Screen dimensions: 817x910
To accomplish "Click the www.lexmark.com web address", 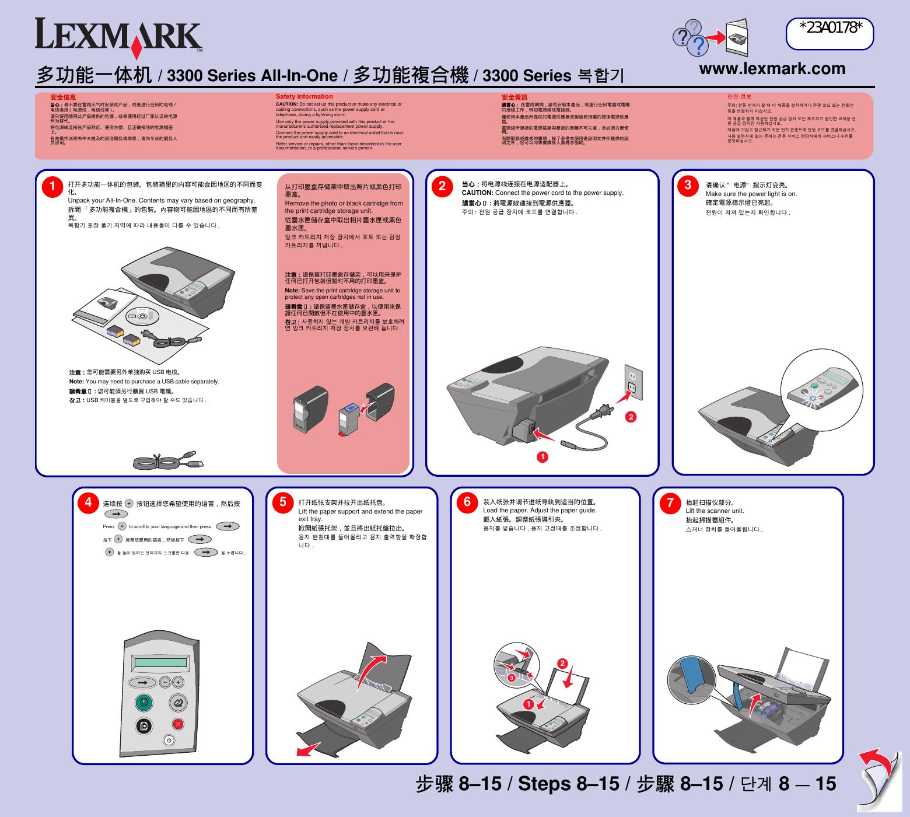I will [772, 69].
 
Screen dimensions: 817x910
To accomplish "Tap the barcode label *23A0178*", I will [829, 27].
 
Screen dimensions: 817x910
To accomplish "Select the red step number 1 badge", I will [52, 186].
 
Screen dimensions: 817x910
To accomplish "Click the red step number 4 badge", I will [88, 502].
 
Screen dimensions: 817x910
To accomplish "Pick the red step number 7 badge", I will [670, 502].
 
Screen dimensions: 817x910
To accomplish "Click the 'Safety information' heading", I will [304, 96].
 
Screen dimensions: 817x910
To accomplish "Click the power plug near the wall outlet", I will [601, 413].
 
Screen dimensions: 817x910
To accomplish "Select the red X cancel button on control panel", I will [178, 724].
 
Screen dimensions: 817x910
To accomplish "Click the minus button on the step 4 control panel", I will [166, 682].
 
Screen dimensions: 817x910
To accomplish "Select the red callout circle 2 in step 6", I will [562, 664].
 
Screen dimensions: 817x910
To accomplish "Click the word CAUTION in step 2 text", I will [477, 193].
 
